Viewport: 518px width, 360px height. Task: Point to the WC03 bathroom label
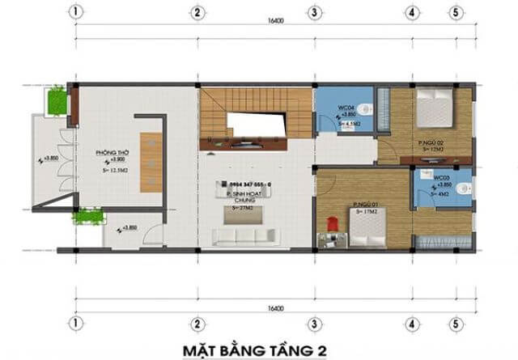click(x=442, y=176)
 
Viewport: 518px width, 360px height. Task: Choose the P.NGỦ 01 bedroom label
click(x=366, y=205)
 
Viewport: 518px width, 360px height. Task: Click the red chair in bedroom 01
click(x=330, y=221)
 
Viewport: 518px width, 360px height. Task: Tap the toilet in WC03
click(x=461, y=187)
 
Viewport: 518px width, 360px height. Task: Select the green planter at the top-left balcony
click(x=58, y=100)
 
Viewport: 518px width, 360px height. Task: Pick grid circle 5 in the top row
click(x=456, y=13)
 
